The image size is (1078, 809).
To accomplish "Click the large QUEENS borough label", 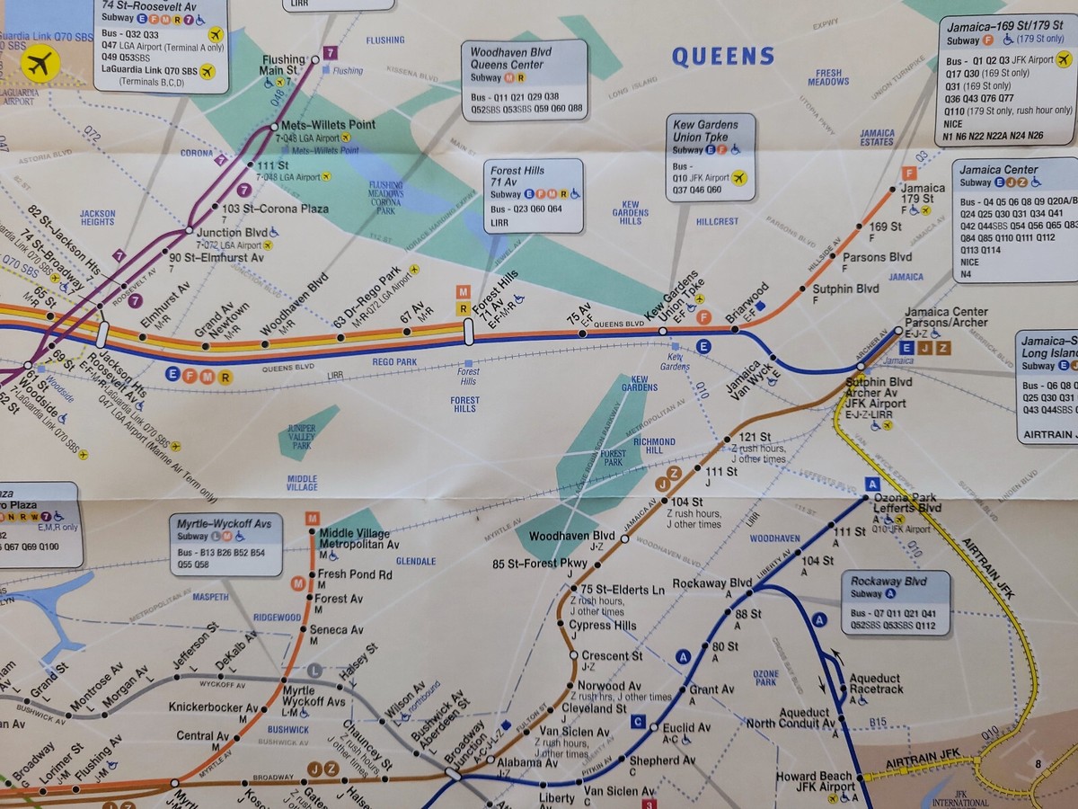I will pyautogui.click(x=723, y=57).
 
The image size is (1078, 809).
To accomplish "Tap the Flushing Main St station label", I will pyautogui.click(x=284, y=66).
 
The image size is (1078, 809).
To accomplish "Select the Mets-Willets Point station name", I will pyautogui.click(x=329, y=125).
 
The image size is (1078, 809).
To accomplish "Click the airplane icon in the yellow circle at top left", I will pyautogui.click(x=40, y=64).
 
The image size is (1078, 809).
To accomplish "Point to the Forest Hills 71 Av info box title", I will pyautogui.click(x=517, y=175).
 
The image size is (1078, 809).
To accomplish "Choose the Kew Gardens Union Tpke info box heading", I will pyautogui.click(x=706, y=130).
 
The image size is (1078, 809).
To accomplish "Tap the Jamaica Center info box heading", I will pyautogui.click(x=998, y=170).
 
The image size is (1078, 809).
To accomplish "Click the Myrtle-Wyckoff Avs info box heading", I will pyautogui.click(x=225, y=523).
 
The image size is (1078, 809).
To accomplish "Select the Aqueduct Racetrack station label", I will pyautogui.click(x=874, y=684).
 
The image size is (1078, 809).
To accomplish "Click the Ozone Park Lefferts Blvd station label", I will pyautogui.click(x=907, y=502).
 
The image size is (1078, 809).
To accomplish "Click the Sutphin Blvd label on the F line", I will pyautogui.click(x=845, y=289).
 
